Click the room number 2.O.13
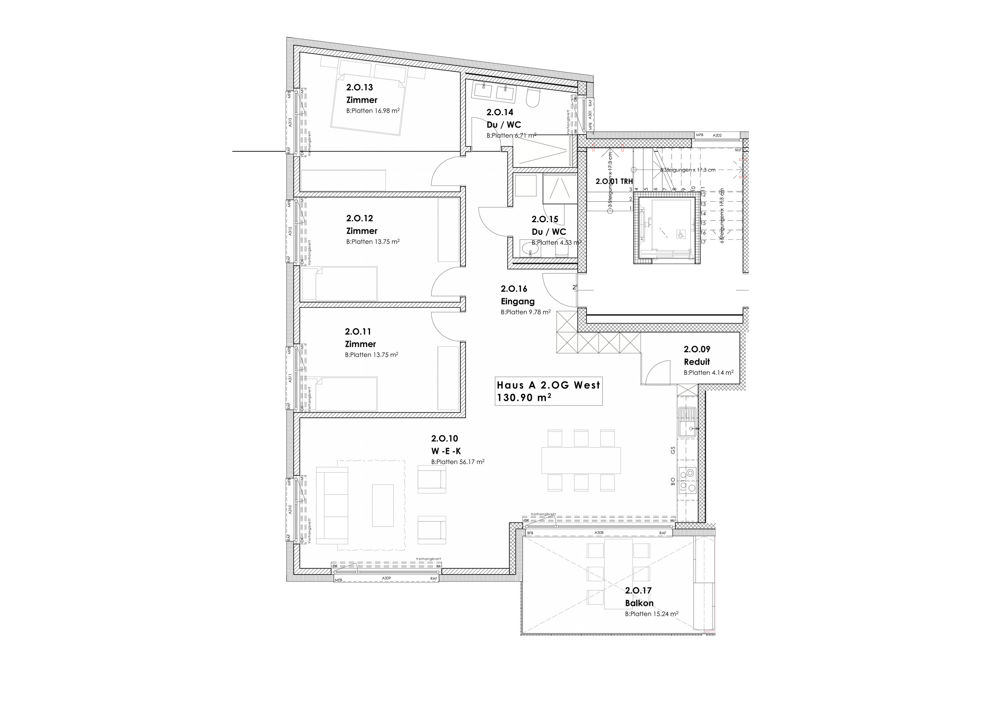[x=360, y=87]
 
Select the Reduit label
[x=696, y=362]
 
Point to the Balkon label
[x=639, y=603]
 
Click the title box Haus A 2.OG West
[x=548, y=391]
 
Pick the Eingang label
[x=517, y=301]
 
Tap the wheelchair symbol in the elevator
[x=680, y=234]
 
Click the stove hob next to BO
[x=687, y=481]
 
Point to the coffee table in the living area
[x=383, y=505]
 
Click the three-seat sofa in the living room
[x=332, y=505]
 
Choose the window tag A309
[x=386, y=578]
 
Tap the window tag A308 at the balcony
[x=599, y=533]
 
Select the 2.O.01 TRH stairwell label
[x=614, y=182]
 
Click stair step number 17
[x=703, y=242]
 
